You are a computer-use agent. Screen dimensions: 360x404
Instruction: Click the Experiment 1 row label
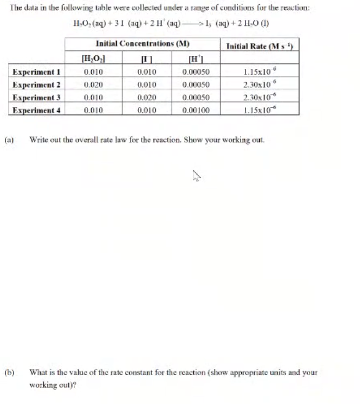tap(35, 73)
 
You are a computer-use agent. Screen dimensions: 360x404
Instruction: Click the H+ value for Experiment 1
tap(197, 73)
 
